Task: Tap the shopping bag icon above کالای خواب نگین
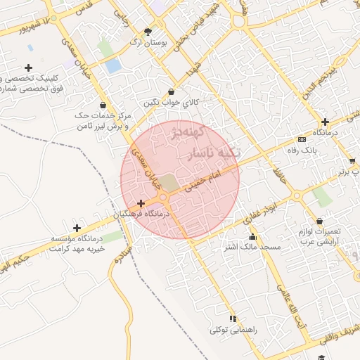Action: point(172,91)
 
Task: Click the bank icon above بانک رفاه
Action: point(302,139)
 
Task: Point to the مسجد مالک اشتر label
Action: point(252,247)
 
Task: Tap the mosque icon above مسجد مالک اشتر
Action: point(252,236)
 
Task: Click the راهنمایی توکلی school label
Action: point(233,329)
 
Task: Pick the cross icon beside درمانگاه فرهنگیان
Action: point(141,202)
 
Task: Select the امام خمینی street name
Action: point(205,181)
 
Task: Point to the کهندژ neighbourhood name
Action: point(186,134)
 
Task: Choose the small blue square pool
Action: point(112,66)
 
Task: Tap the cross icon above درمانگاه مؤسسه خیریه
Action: point(77,228)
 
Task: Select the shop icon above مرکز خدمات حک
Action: point(104,105)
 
